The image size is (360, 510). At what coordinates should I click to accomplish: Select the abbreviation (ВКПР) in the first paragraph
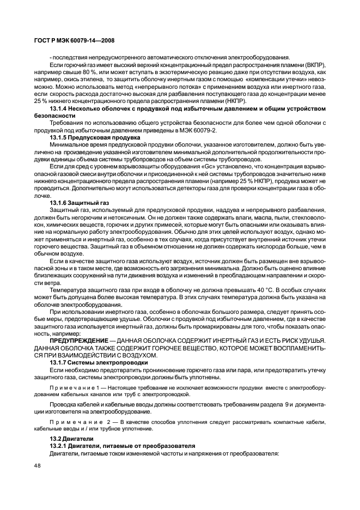tap(314, 65)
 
